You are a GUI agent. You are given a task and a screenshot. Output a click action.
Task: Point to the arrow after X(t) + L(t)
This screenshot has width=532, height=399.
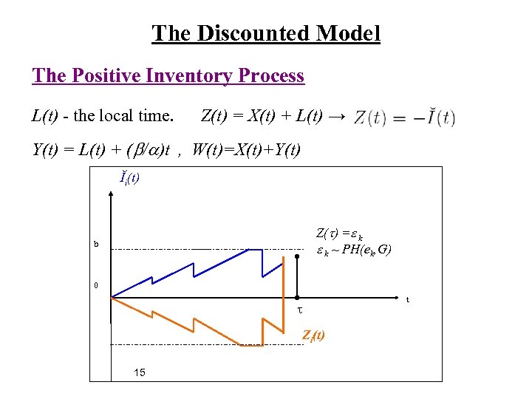pos(336,116)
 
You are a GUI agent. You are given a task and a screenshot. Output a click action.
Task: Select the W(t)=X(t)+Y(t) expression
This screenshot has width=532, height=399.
pos(246,150)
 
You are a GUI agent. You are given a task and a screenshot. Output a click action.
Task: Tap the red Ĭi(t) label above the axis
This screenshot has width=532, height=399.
pos(130,177)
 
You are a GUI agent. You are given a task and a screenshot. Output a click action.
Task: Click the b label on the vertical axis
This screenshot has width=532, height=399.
pos(95,245)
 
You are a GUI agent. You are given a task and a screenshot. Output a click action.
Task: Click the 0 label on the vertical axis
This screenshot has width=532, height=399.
pos(95,286)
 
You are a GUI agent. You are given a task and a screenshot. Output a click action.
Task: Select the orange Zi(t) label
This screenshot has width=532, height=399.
pos(313,336)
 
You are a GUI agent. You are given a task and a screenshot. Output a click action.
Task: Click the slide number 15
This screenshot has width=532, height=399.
pos(140,372)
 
